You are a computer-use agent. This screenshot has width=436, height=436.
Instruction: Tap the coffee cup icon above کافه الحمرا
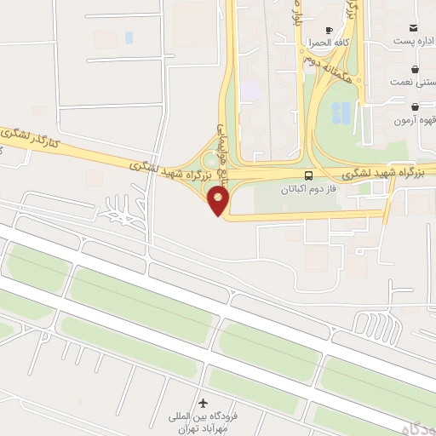pos(330,28)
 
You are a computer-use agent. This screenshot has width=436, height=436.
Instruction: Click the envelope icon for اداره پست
pos(415,27)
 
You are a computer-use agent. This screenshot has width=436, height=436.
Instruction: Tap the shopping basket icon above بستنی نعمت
pos(415,68)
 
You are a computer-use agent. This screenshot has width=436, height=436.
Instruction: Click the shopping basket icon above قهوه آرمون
pos(415,107)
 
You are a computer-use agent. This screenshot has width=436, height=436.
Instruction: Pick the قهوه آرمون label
pos(414,121)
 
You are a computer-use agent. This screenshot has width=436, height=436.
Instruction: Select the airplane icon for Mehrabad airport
pos(203,401)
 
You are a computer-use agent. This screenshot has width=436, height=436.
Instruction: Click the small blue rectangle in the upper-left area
pos(129,37)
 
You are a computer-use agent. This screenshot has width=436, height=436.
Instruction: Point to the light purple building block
pos(250,89)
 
